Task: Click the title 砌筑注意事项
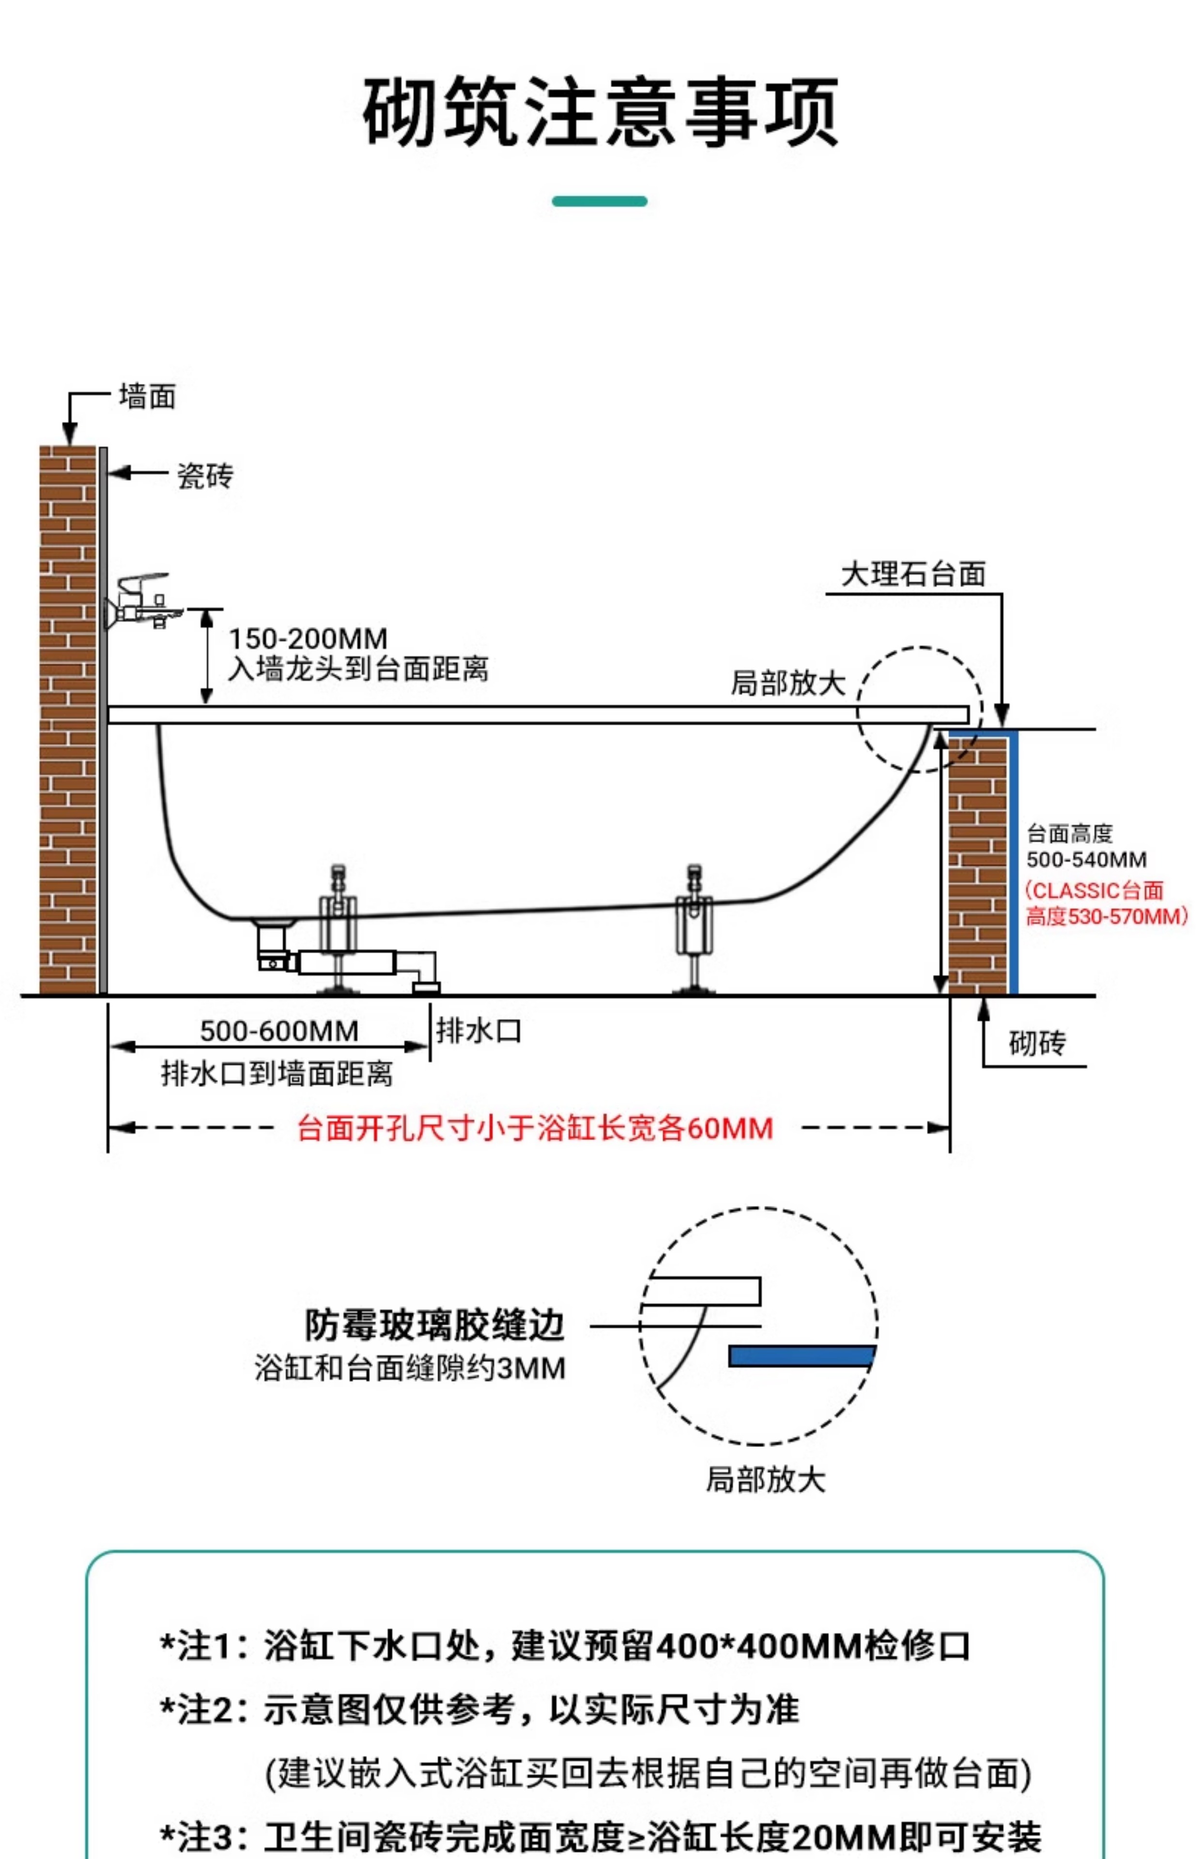coord(600,111)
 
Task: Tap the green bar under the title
coord(599,201)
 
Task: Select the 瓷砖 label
coord(205,475)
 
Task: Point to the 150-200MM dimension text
coord(308,639)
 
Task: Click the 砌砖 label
coord(1036,1043)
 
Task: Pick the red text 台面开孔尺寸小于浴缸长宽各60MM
coord(535,1128)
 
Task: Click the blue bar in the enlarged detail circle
coord(801,1356)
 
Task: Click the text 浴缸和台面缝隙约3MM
coord(409,1368)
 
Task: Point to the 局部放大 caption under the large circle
coord(765,1478)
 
